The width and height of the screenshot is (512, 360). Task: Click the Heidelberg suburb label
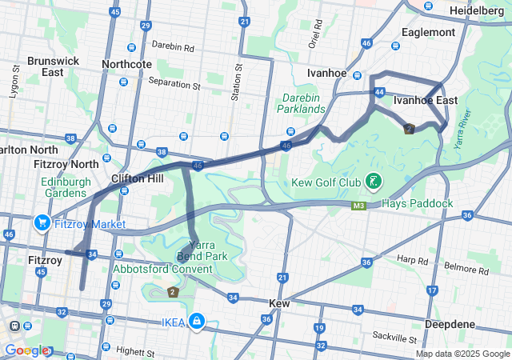pyautogui.click(x=477, y=11)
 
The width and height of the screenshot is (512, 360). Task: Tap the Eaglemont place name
pyautogui.click(x=428, y=32)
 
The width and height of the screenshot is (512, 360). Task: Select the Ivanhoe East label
pyautogui.click(x=426, y=100)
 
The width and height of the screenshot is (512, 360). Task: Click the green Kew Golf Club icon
pyautogui.click(x=373, y=182)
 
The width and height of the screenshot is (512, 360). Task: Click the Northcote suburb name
pyautogui.click(x=127, y=64)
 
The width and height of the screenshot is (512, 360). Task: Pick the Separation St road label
pyautogui.click(x=174, y=82)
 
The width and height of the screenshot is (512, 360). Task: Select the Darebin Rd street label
pyautogui.click(x=173, y=48)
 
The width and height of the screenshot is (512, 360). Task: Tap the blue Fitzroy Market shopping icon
pyautogui.click(x=42, y=223)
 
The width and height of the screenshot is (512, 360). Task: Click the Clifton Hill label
pyautogui.click(x=138, y=178)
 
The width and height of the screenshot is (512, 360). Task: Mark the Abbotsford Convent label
pyautogui.click(x=162, y=269)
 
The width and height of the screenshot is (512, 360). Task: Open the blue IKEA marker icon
pyautogui.click(x=196, y=322)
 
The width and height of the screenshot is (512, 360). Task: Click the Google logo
pyautogui.click(x=26, y=350)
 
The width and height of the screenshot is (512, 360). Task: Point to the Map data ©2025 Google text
pyautogui.click(x=462, y=354)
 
